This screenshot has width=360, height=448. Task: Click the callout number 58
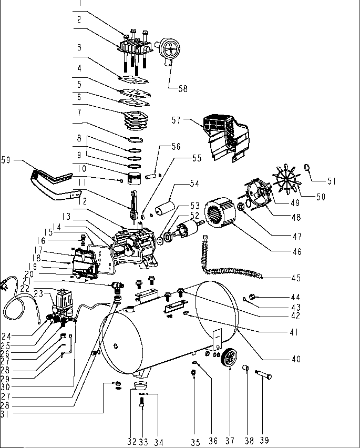(x=182, y=88)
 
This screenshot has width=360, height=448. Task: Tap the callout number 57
(x=176, y=120)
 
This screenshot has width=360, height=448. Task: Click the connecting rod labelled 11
(x=136, y=201)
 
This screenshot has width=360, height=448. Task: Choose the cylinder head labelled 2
(x=135, y=48)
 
